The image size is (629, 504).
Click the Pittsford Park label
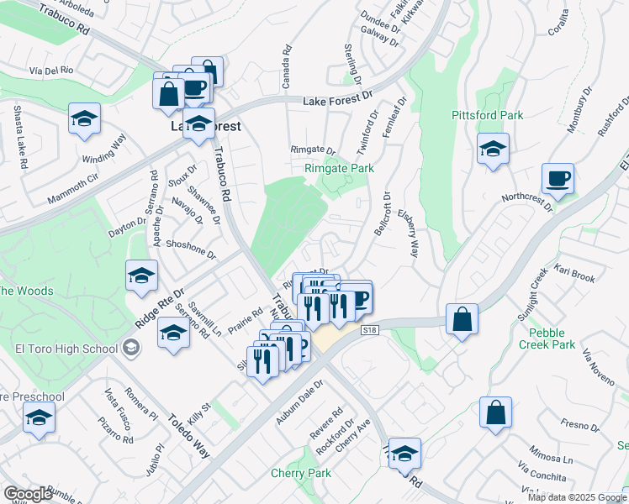pos(487,115)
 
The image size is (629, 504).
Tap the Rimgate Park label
pos(339,168)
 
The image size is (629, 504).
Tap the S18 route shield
pos(369,331)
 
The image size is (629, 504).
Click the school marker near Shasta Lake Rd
pos(84,120)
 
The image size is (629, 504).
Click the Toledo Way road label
pos(186,433)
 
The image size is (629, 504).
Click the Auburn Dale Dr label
pos(300,394)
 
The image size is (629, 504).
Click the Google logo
pos(28,493)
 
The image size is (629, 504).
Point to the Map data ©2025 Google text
pos(577,496)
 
